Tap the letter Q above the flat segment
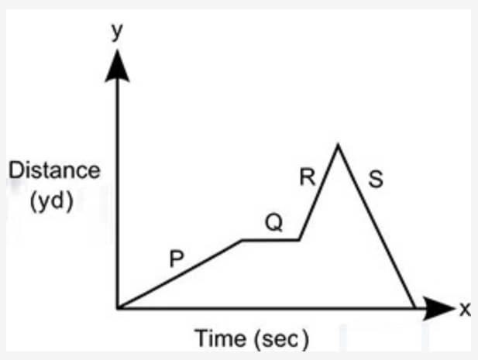(x=273, y=224)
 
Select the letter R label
(x=307, y=178)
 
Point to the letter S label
(x=376, y=184)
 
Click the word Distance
(x=55, y=170)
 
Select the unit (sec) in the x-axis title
(x=282, y=338)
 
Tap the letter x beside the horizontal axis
(x=465, y=309)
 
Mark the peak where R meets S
(x=337, y=144)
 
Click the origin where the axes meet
(x=118, y=308)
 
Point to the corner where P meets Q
(x=242, y=240)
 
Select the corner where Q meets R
(x=299, y=240)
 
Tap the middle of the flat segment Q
(x=270, y=240)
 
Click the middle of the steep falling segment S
(x=375, y=225)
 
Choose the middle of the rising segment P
(x=180, y=274)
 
